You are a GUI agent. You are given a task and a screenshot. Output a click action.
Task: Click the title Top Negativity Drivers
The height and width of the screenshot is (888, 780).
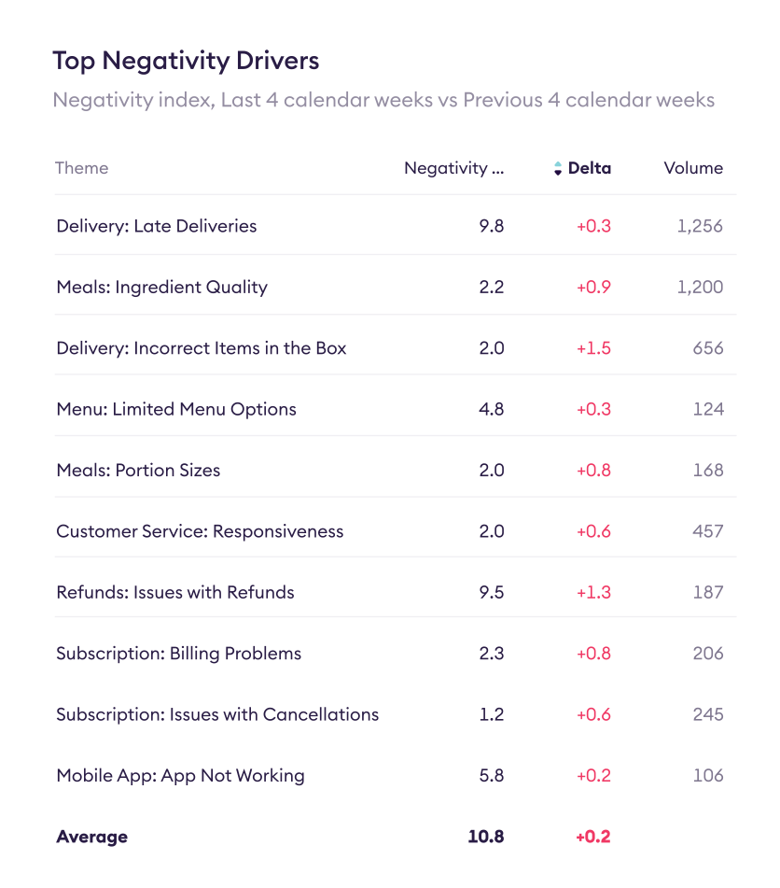click(186, 62)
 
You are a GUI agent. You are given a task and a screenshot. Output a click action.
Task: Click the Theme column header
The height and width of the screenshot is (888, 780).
click(82, 168)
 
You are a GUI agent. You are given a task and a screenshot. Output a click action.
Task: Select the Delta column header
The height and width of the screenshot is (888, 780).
click(590, 168)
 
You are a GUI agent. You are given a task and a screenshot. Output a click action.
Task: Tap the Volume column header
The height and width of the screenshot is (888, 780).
click(693, 168)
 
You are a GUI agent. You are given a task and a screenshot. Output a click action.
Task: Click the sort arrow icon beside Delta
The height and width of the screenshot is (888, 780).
click(558, 169)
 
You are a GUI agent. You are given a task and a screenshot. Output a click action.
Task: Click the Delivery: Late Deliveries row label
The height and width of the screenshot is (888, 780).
click(157, 226)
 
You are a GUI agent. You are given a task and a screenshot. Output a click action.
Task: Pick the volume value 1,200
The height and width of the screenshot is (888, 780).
click(700, 287)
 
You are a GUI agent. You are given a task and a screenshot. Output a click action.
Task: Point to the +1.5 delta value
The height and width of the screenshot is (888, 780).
click(593, 348)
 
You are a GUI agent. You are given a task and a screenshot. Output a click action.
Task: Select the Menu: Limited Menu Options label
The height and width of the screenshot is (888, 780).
click(176, 409)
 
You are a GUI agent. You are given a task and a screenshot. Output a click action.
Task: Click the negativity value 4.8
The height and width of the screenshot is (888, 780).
click(492, 409)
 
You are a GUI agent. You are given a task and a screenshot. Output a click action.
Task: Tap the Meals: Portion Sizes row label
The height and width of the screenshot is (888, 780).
click(138, 470)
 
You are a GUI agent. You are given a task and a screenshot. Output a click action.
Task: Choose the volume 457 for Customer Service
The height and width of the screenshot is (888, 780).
click(708, 531)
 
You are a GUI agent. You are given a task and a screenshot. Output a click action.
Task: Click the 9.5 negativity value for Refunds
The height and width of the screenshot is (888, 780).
click(492, 592)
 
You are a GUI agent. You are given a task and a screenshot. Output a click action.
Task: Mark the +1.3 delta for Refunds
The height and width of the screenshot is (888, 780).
click(593, 592)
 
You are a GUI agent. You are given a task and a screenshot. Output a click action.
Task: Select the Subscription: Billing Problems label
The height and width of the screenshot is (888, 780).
click(179, 654)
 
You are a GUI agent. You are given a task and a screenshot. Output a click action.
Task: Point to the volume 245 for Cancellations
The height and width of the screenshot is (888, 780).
click(708, 714)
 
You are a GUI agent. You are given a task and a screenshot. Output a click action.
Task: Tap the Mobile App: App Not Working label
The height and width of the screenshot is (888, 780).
click(180, 775)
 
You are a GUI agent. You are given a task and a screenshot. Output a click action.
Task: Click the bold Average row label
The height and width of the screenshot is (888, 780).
click(91, 837)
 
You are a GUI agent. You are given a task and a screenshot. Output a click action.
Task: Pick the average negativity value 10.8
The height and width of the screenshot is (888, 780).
click(486, 837)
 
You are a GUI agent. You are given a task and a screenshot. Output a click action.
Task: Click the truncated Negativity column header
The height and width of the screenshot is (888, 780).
click(453, 168)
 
